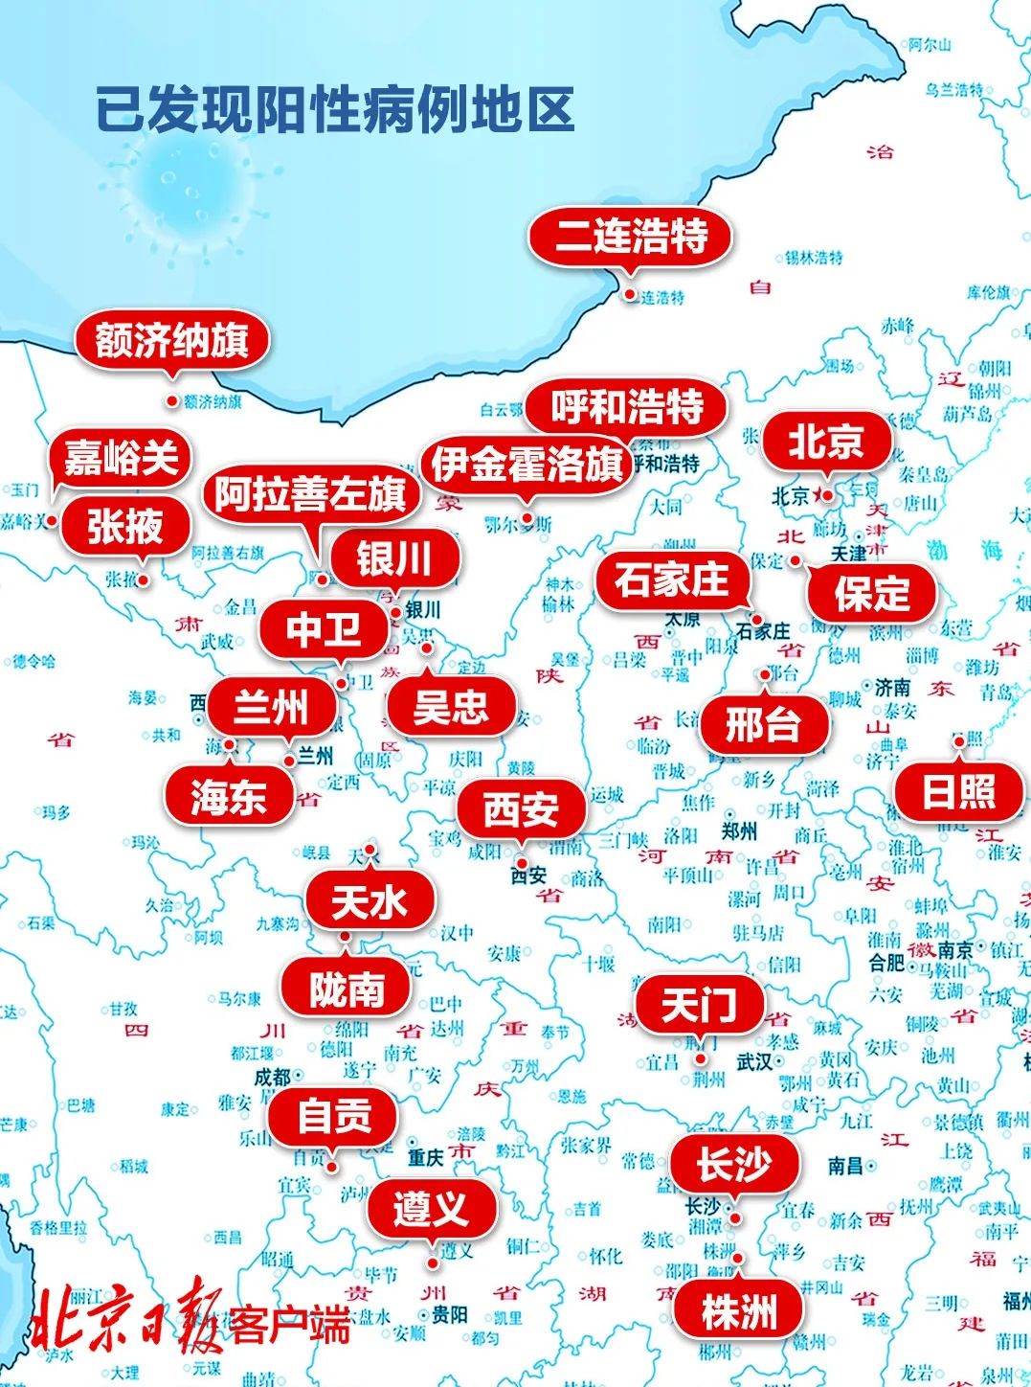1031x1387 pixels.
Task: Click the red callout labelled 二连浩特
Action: [x=631, y=236]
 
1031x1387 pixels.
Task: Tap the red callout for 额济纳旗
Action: [x=172, y=340]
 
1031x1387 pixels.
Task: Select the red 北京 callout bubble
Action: [x=825, y=442]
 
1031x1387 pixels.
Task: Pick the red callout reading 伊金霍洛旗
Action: [x=527, y=466]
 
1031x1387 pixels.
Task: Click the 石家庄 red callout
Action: [x=671, y=580]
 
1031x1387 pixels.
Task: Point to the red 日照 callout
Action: [x=958, y=791]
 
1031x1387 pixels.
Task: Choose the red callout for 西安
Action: [x=521, y=809]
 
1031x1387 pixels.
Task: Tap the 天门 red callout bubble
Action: [x=700, y=1005]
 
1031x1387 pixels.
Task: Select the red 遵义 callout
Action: [x=431, y=1209]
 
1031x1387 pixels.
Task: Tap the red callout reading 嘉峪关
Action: [x=122, y=457]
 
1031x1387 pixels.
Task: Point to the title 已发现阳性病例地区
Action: [x=335, y=109]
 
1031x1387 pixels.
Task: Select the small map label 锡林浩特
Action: [x=814, y=258]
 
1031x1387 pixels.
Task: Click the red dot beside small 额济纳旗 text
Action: [x=172, y=401]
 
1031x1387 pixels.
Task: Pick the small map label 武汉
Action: [x=754, y=1061]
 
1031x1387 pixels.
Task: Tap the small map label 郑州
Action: [x=740, y=830]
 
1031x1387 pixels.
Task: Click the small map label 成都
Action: [x=272, y=1077]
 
